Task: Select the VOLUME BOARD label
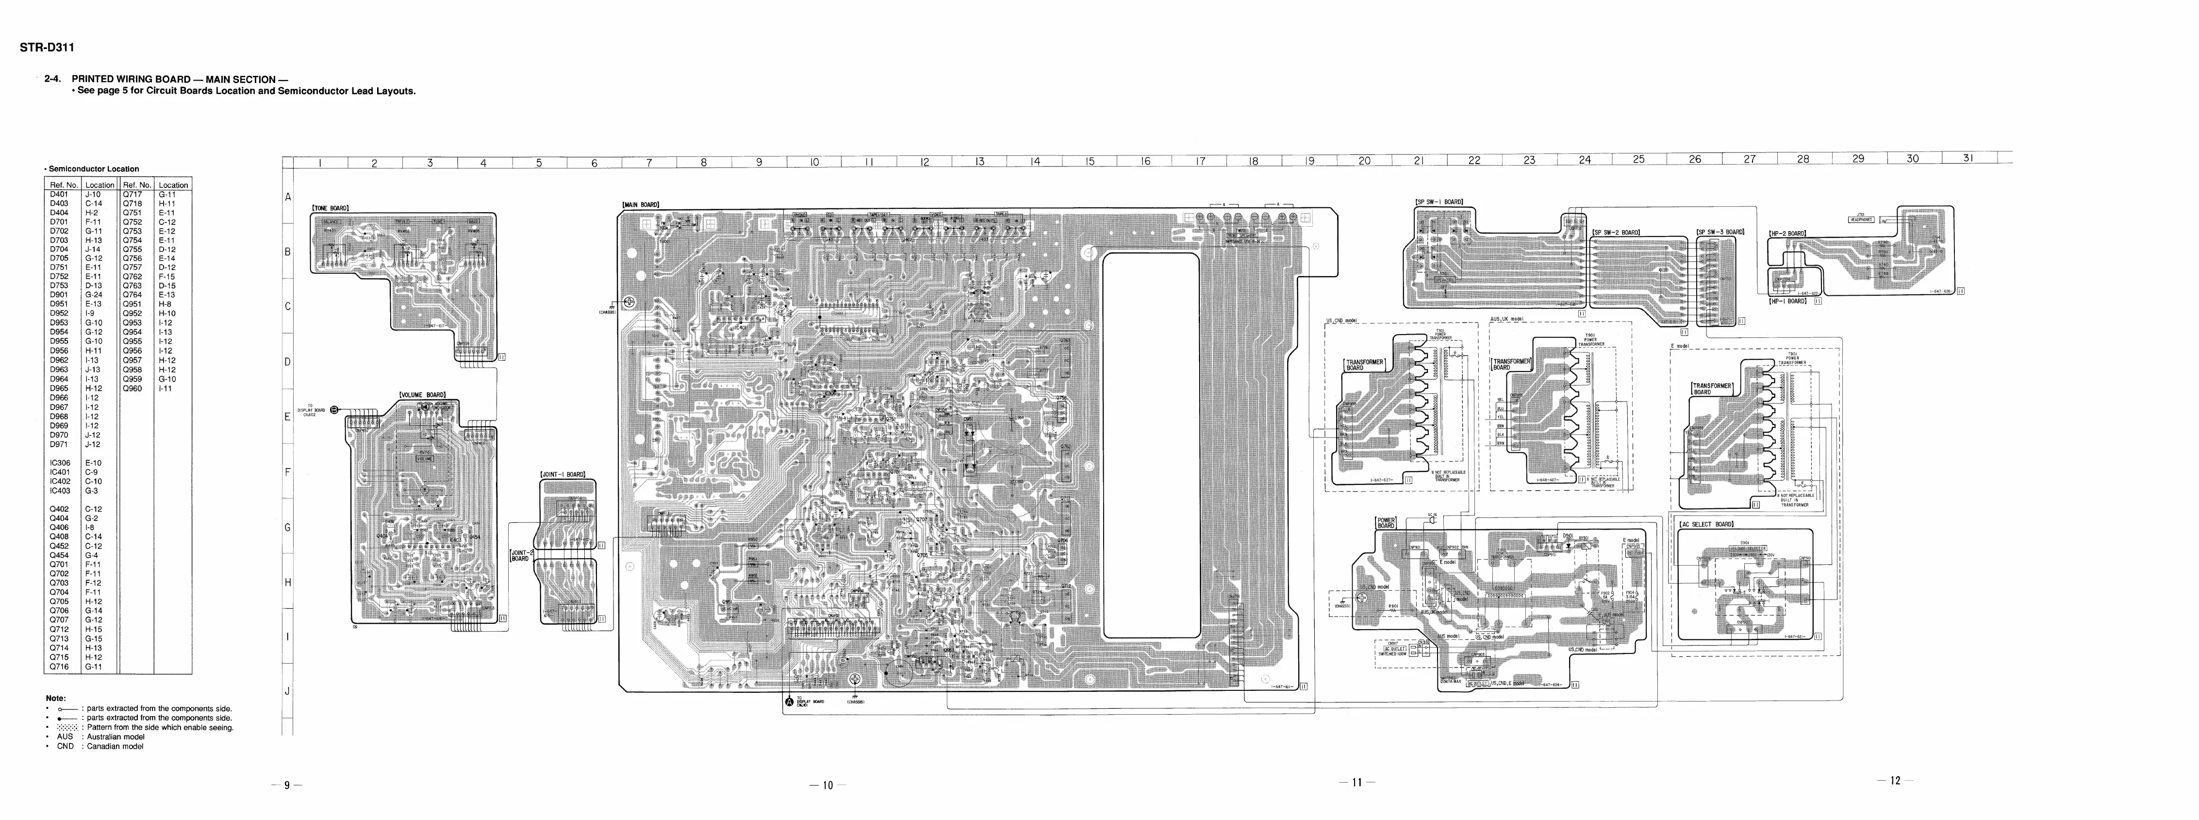coord(423,395)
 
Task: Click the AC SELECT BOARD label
coord(1706,524)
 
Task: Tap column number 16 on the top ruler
coord(1145,161)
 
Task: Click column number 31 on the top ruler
coord(1968,158)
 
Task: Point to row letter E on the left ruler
coord(288,417)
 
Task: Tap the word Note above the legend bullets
coord(55,698)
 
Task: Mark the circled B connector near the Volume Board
coord(334,410)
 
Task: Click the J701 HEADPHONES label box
coord(1860,218)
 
